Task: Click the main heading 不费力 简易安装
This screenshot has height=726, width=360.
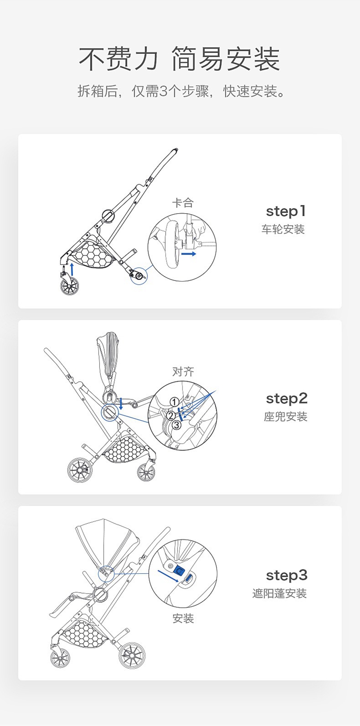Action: click(x=180, y=59)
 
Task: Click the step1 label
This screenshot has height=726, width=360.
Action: click(x=286, y=211)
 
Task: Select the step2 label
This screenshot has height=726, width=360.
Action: click(x=287, y=399)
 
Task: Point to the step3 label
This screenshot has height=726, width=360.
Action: click(x=287, y=576)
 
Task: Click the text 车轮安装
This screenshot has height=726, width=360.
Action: click(x=283, y=230)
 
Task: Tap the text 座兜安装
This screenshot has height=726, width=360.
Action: click(x=286, y=416)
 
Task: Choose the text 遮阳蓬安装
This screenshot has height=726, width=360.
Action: click(x=280, y=594)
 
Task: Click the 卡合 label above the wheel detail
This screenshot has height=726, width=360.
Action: click(x=183, y=203)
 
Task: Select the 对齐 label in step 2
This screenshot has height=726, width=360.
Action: click(x=183, y=372)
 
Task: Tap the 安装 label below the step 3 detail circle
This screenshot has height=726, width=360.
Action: click(x=183, y=618)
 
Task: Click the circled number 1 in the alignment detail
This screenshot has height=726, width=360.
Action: click(x=174, y=402)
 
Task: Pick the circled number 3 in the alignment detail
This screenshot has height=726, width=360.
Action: click(x=176, y=424)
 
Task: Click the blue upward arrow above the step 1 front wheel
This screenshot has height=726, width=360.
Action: click(x=72, y=269)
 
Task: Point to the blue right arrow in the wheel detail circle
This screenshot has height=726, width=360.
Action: click(x=189, y=254)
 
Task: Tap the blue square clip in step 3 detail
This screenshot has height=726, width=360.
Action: click(x=179, y=570)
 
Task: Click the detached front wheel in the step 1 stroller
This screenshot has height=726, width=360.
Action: click(x=69, y=285)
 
